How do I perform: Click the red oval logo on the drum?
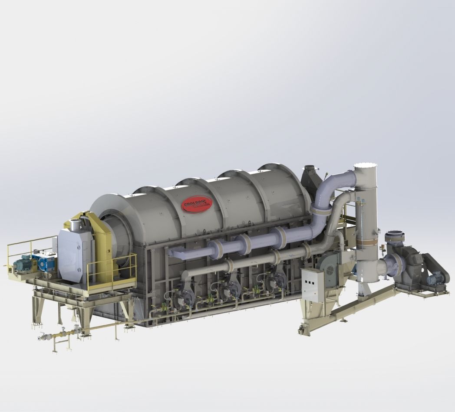197,203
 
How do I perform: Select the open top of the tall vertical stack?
365,167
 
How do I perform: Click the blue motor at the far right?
436,278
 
